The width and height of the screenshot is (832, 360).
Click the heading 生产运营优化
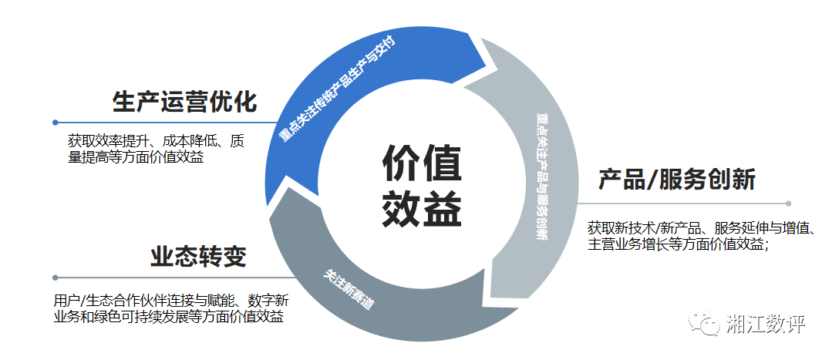[x=184, y=102]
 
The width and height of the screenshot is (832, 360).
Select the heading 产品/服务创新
[x=677, y=180]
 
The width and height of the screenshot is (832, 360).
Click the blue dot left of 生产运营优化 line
[x=56, y=122]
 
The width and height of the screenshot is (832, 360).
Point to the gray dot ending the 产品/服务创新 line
[x=788, y=204]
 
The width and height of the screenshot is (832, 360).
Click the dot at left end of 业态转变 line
[x=56, y=278]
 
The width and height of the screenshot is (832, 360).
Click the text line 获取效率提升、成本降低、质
[x=156, y=142]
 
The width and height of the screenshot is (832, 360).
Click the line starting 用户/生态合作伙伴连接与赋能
[x=171, y=300]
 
